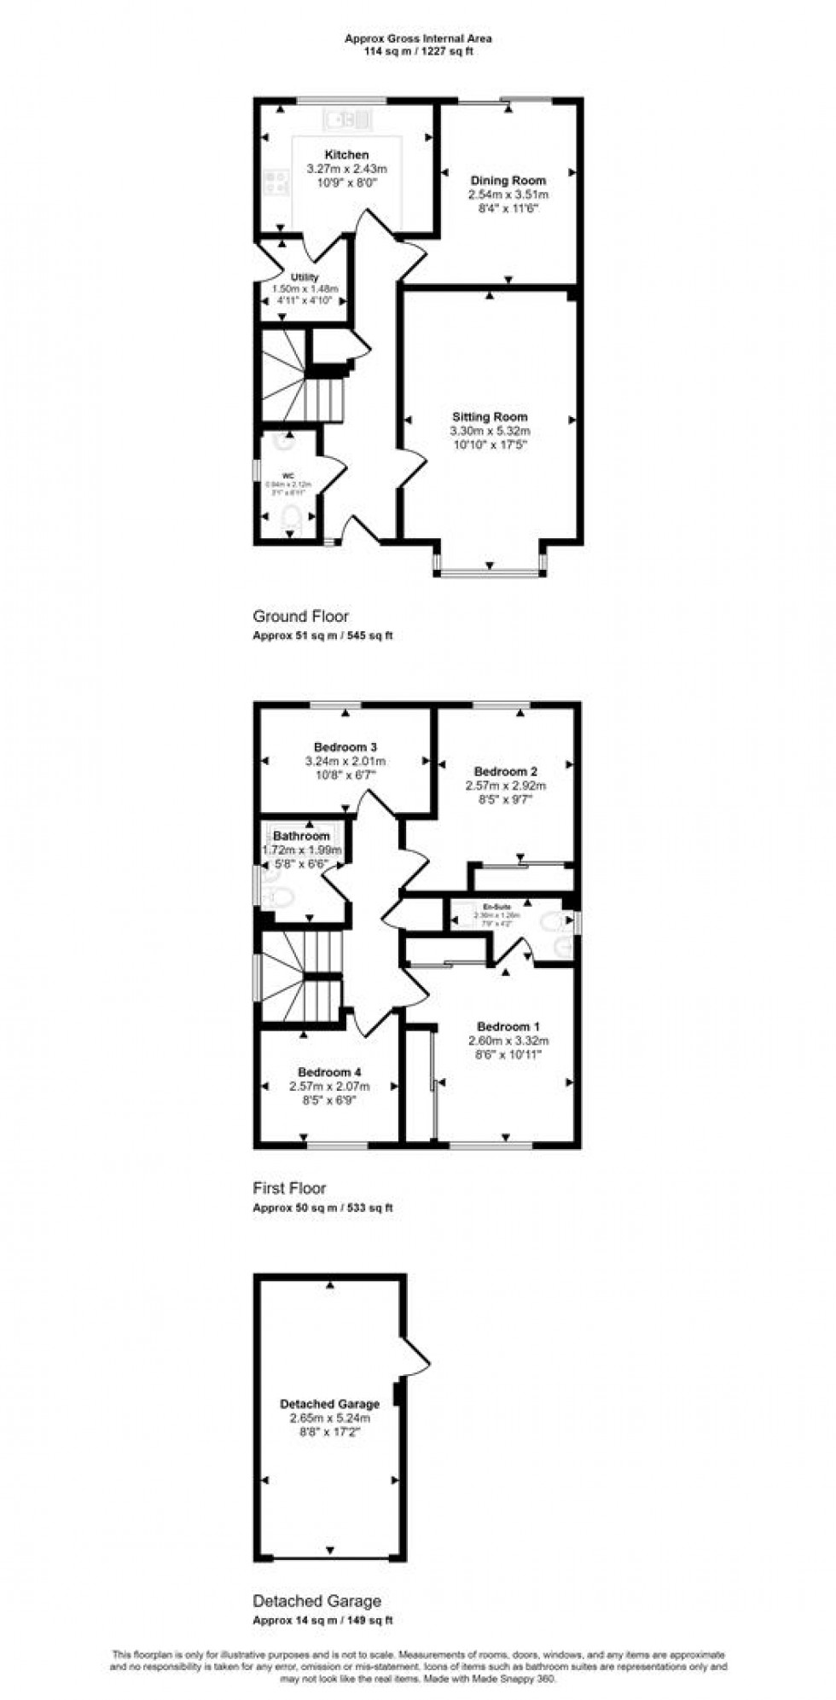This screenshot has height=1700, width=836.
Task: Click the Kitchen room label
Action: (x=347, y=155)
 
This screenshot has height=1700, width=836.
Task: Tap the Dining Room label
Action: (x=508, y=181)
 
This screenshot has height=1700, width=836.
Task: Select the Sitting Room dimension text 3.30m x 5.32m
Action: (x=490, y=431)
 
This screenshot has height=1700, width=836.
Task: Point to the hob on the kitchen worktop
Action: (x=276, y=182)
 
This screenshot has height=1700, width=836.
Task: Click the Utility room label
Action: (x=305, y=277)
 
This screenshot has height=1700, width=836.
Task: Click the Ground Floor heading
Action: (x=300, y=616)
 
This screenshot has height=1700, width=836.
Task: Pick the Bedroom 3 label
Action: (x=345, y=747)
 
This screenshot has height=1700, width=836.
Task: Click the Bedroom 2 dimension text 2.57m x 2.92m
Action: (x=506, y=786)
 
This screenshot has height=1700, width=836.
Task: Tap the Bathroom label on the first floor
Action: (x=301, y=837)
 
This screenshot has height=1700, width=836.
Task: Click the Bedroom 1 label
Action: (x=508, y=1026)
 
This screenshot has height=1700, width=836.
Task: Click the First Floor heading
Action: (x=289, y=1187)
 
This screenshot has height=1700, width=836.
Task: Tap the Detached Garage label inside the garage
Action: (x=329, y=1404)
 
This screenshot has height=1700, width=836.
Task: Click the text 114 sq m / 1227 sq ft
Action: (x=418, y=51)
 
